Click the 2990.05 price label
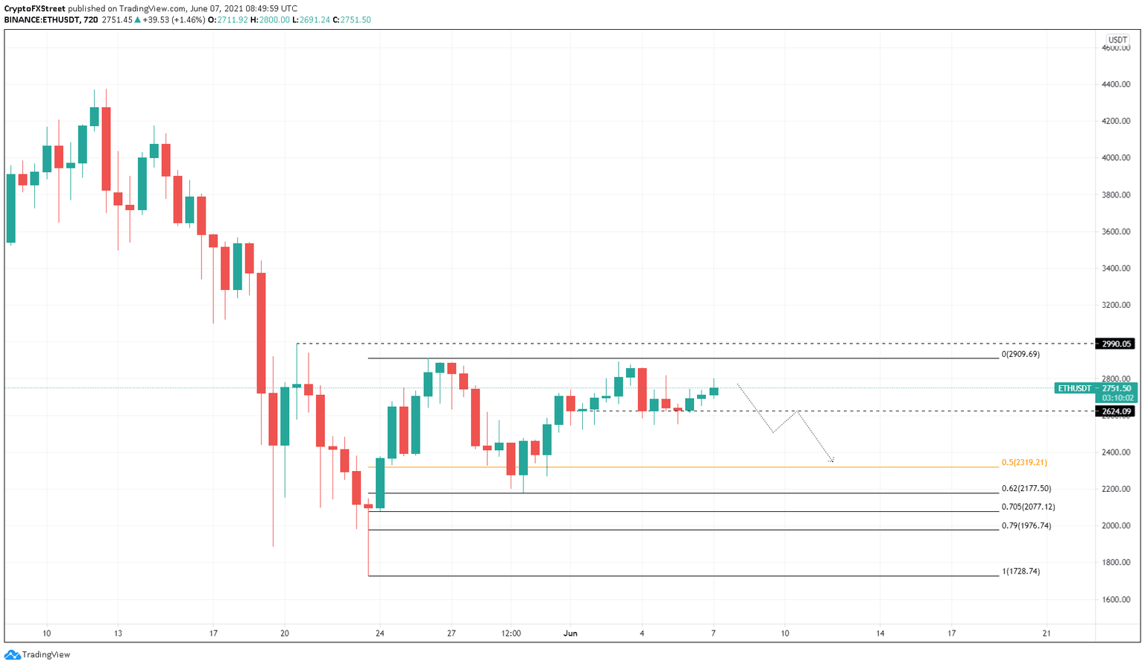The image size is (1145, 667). [1116, 344]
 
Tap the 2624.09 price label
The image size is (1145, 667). [1116, 411]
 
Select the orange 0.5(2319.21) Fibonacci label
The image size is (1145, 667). [1024, 463]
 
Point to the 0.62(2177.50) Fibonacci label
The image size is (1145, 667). [1026, 489]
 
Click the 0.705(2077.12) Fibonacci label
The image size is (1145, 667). [1028, 507]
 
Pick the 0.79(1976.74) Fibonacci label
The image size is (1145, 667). [1026, 525]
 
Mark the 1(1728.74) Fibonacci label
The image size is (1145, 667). [1021, 572]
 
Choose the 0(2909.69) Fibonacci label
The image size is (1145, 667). [1021, 354]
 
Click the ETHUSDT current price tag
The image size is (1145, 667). [1095, 388]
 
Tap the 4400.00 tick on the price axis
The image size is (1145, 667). [1115, 84]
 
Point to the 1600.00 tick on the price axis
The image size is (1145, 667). [1115, 599]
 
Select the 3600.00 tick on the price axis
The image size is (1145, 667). [1115, 232]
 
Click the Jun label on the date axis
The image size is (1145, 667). [570, 633]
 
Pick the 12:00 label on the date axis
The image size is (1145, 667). [511, 633]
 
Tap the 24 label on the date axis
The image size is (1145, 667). [379, 633]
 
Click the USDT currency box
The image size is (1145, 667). [1117, 40]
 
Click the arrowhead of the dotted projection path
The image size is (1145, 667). [831, 461]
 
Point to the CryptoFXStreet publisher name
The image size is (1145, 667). [34, 9]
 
